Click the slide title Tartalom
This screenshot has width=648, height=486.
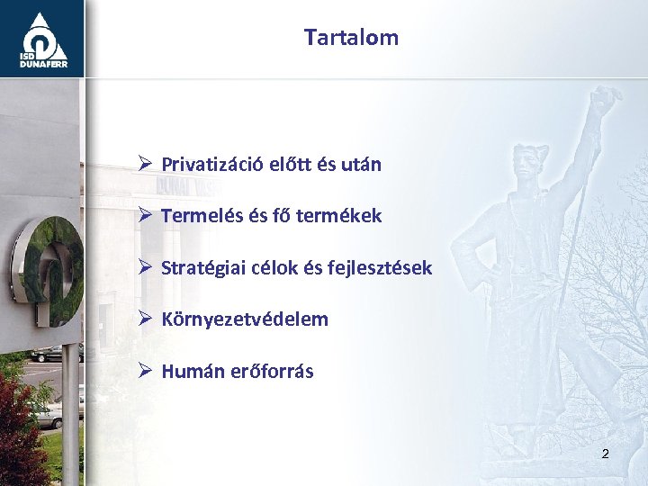coord(351,38)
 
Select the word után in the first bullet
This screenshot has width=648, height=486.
coord(360,165)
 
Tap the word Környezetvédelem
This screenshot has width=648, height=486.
coord(245,319)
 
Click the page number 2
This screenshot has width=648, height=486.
coord(605,454)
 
